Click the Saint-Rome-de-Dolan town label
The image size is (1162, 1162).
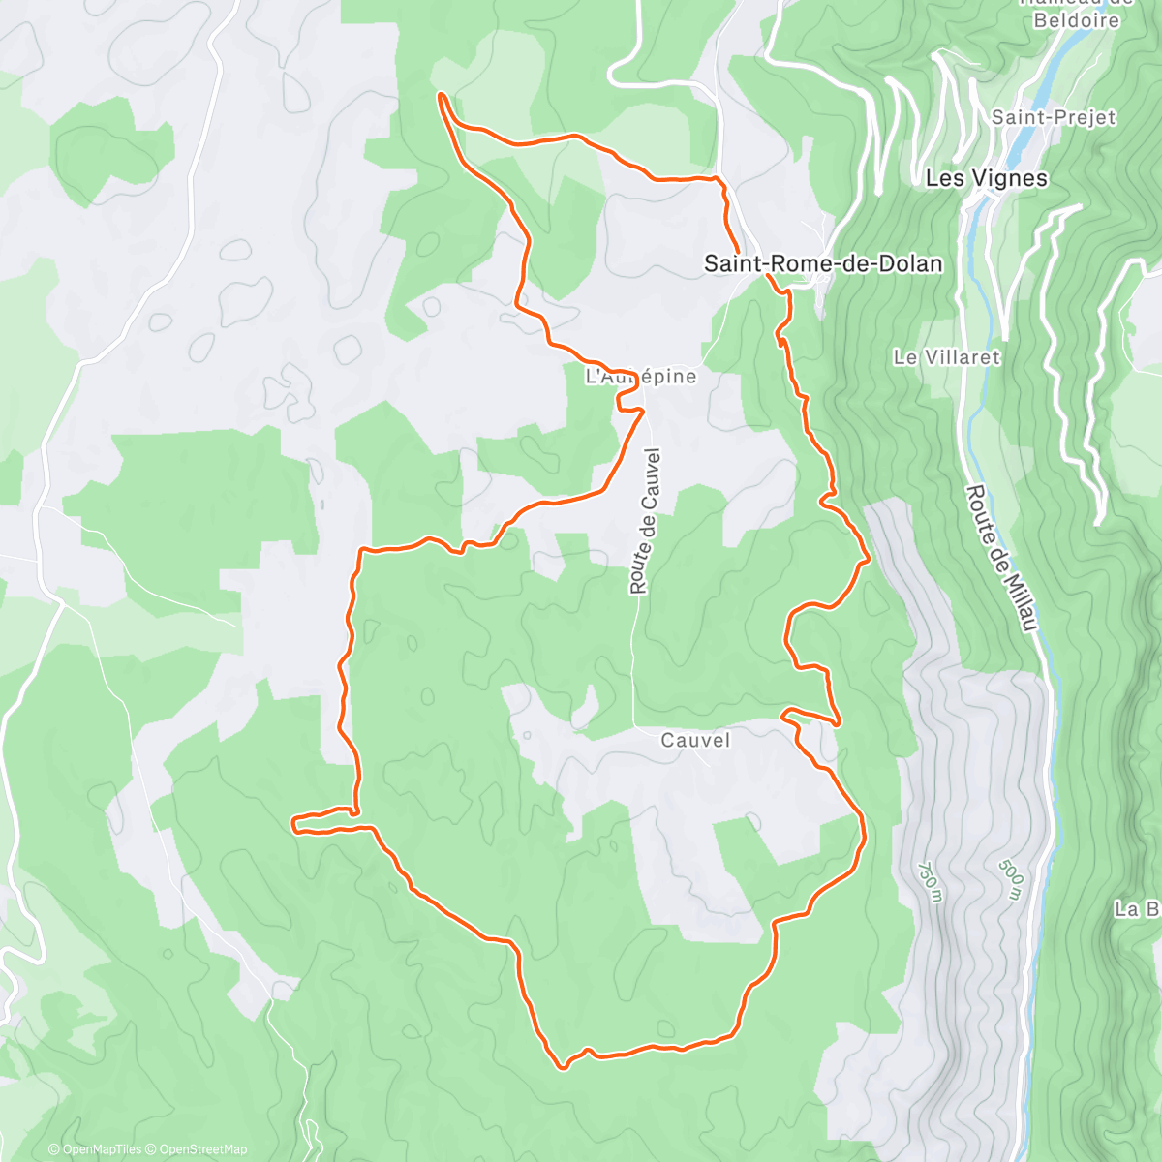(x=822, y=263)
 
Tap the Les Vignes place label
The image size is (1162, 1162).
(x=986, y=178)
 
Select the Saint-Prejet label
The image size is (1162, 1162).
(x=1054, y=117)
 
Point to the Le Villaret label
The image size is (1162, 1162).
(x=946, y=357)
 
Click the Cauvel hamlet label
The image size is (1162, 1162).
(x=694, y=740)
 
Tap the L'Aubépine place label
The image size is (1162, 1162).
(x=641, y=377)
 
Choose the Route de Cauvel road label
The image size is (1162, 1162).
(x=644, y=520)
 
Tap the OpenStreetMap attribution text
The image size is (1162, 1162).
(x=203, y=1149)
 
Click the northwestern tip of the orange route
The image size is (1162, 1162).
(x=441, y=95)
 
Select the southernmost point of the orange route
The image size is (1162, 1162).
(x=563, y=1068)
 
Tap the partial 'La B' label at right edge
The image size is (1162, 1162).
(x=1137, y=909)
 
